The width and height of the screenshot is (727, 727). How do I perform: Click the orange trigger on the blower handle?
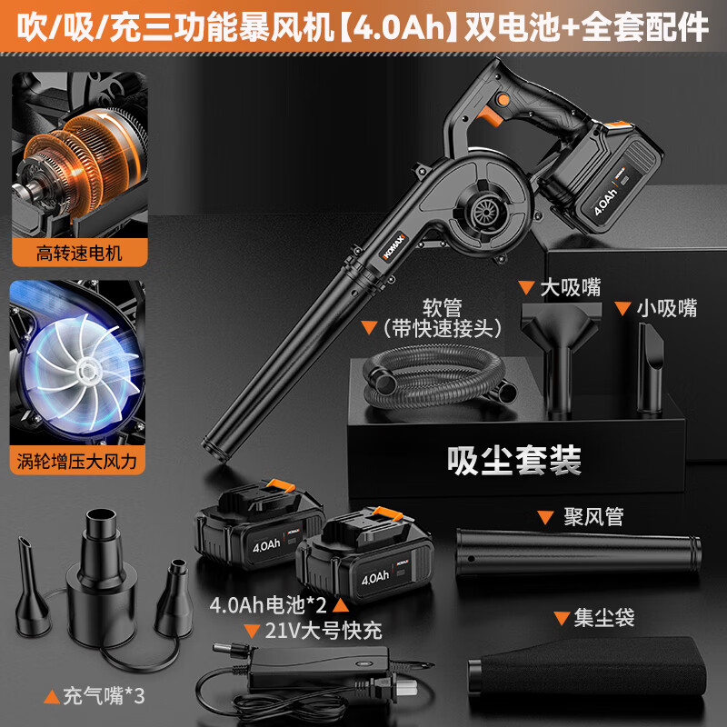coord(491,115)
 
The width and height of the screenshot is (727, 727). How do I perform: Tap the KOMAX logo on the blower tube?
coord(394,246)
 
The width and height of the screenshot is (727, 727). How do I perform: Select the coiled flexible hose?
coord(438,376)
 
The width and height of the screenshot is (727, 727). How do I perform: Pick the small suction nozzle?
coord(650,367)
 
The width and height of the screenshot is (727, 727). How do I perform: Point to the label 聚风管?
coord(593,516)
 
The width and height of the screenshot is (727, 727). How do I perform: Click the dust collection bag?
coord(586,668)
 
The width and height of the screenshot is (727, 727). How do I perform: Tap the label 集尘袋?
coord(604,618)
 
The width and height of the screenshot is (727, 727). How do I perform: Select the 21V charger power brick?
coord(319,668)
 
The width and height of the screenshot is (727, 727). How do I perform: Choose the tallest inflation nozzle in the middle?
coord(102,577)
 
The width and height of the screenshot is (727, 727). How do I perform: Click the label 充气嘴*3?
coord(104,696)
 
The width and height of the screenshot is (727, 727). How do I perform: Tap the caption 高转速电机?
coord(79,254)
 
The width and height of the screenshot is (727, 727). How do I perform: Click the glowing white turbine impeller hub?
coord(86,370)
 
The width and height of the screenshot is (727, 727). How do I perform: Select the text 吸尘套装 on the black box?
coord(514,461)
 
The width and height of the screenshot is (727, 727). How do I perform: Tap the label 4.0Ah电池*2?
coord(268,605)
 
